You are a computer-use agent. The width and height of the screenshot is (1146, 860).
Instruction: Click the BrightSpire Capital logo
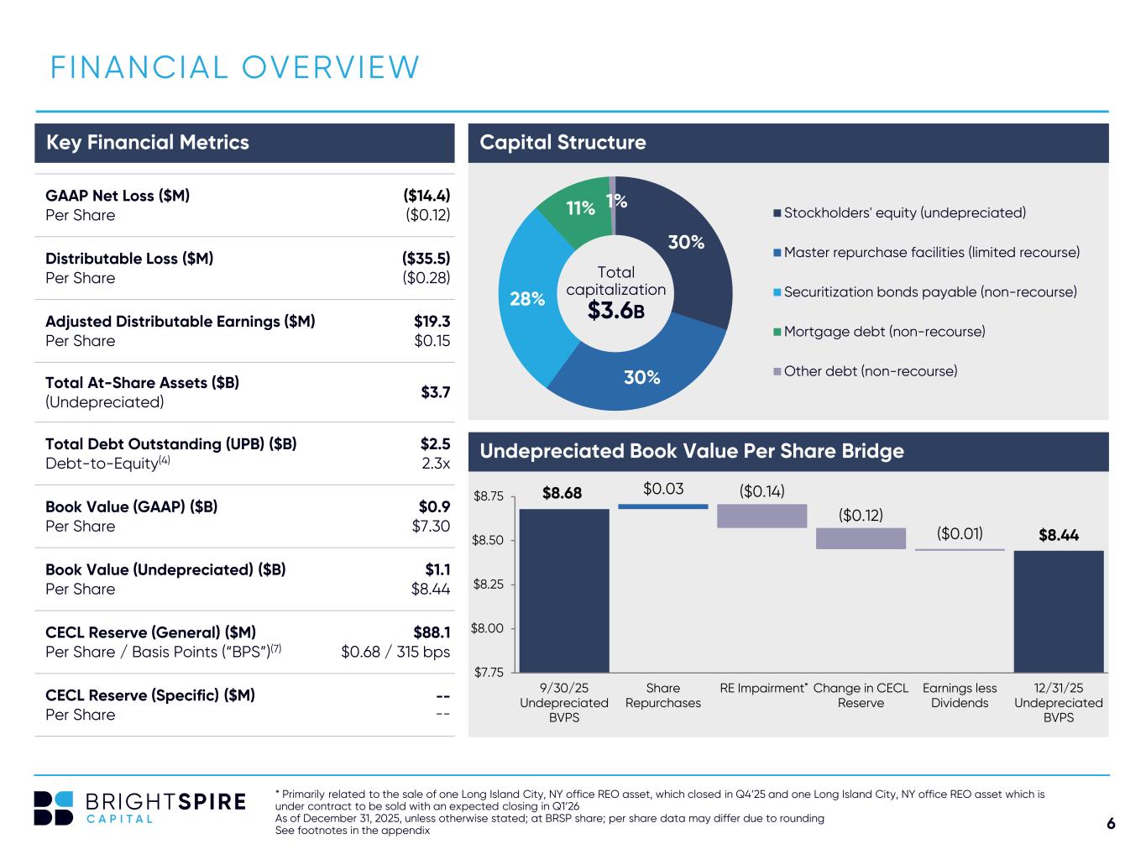click(x=139, y=808)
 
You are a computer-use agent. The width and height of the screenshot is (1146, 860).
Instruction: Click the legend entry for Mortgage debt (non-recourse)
click(x=884, y=332)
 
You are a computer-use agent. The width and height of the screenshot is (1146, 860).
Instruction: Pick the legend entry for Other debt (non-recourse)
click(x=870, y=371)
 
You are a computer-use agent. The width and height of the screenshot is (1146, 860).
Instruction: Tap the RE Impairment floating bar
click(x=761, y=516)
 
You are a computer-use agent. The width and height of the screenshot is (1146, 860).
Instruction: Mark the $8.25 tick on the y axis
click(x=488, y=585)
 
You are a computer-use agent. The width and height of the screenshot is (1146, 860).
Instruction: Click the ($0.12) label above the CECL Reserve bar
click(x=861, y=515)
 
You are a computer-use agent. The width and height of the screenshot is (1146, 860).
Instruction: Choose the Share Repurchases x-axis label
click(x=662, y=695)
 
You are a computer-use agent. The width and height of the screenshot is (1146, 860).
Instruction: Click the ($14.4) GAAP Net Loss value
click(x=426, y=196)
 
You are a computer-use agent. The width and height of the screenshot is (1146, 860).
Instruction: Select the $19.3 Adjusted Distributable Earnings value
click(x=432, y=322)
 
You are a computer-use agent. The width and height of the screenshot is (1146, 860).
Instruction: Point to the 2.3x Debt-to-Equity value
click(x=435, y=464)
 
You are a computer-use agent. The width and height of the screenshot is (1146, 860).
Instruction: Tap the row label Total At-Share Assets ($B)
click(x=142, y=383)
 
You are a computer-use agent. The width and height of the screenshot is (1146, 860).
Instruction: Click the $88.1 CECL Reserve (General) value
click(x=432, y=632)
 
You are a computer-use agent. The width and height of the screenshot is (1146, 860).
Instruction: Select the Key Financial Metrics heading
click(x=148, y=143)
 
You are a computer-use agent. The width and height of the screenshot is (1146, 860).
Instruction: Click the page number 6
click(x=1111, y=824)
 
